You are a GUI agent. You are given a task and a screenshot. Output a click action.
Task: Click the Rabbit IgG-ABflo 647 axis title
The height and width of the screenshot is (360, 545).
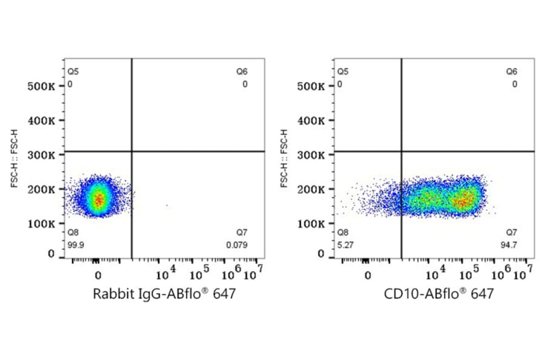point(164,295)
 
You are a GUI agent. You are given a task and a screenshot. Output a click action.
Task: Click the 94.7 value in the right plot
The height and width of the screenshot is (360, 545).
point(512,245)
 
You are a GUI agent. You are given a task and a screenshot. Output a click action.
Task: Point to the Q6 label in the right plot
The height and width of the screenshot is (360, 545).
point(512,72)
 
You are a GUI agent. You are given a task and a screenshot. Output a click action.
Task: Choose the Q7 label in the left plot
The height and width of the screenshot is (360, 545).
point(242,233)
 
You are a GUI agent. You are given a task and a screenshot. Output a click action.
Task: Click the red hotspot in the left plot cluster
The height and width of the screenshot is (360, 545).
point(99,199)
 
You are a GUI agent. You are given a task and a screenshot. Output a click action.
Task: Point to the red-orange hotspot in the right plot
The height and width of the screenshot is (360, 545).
point(465,201)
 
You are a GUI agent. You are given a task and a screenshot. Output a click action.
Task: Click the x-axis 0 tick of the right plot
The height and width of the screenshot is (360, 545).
point(368,275)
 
